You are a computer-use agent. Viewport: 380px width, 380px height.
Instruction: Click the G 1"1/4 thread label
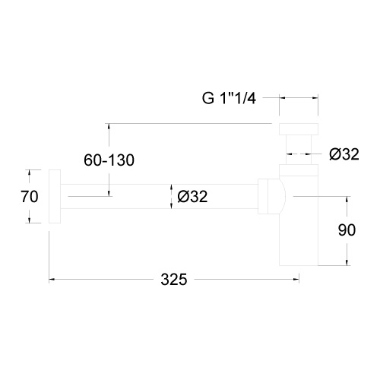[229, 98]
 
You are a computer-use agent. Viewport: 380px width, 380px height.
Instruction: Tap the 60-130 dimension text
[109, 160]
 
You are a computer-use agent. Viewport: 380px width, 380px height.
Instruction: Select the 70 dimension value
[30, 197]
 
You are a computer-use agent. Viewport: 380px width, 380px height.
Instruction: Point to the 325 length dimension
[174, 280]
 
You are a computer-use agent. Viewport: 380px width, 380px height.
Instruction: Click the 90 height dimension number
[347, 230]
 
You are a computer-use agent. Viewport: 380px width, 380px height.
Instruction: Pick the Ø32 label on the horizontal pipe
[192, 196]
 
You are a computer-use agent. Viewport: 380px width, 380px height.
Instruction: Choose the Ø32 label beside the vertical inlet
[344, 154]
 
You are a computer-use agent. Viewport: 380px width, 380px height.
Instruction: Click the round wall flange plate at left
[55, 196]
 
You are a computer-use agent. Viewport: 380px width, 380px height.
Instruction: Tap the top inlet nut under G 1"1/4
[299, 129]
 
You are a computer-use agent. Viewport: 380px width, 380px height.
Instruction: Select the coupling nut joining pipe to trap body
[263, 196]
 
